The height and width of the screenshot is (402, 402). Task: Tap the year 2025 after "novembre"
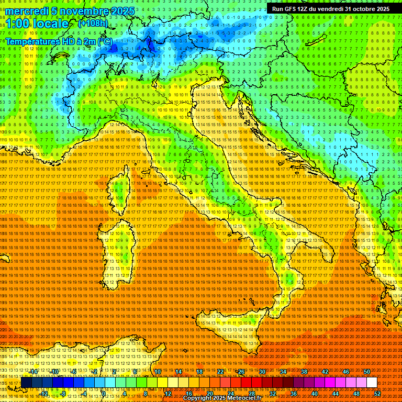click(x=122, y=11)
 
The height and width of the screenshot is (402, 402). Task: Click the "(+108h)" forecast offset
click(x=93, y=23)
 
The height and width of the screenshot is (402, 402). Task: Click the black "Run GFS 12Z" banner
click(x=330, y=9)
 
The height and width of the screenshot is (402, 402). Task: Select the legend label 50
click(x=366, y=372)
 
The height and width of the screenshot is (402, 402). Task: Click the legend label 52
click(x=377, y=393)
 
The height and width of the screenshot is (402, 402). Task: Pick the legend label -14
click(x=34, y=372)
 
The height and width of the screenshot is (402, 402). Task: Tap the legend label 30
click(x=262, y=372)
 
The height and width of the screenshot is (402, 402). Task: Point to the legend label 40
click(x=314, y=393)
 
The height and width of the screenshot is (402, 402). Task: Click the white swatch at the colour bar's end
click(x=372, y=383)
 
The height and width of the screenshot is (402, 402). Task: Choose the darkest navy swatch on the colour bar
click(x=26, y=383)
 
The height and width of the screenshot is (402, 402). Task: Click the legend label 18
click(x=199, y=372)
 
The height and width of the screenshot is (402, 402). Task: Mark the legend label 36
click(x=293, y=393)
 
